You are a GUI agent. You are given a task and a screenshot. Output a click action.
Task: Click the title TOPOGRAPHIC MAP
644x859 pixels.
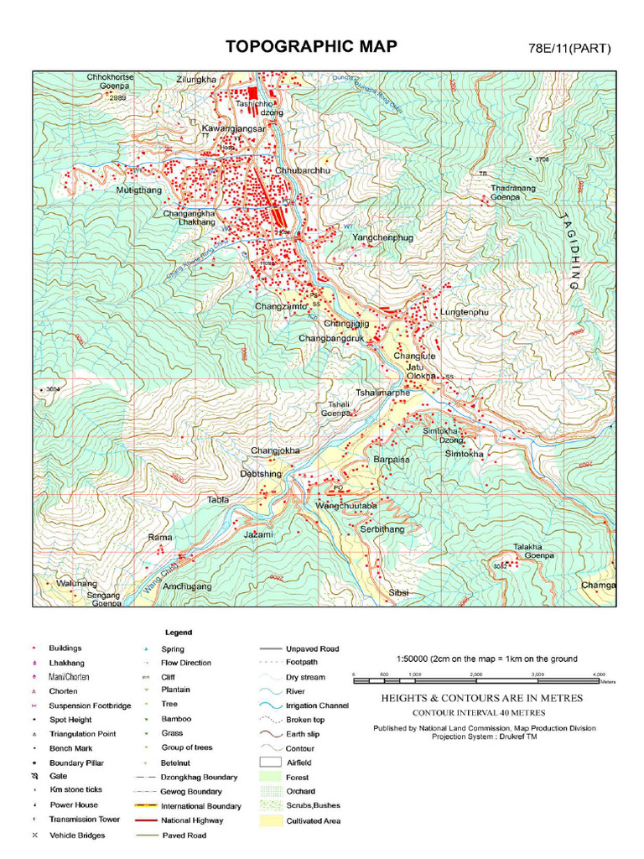tap(311, 46)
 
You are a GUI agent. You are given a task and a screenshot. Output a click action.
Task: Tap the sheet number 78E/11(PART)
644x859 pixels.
tap(570, 48)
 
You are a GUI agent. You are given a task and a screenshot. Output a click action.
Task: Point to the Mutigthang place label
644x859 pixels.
tap(138, 190)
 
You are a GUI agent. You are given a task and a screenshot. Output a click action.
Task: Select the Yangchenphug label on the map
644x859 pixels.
tap(382, 238)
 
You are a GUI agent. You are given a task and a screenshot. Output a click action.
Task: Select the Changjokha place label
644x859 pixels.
tap(275, 451)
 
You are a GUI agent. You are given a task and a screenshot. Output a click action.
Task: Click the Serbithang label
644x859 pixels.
tap(382, 529)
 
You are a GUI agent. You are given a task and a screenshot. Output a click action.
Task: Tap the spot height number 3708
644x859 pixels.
tap(542, 159)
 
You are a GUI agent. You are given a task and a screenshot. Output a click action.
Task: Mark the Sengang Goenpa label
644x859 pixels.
tap(104, 599)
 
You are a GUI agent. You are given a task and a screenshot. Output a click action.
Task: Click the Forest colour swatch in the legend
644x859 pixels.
tap(270, 777)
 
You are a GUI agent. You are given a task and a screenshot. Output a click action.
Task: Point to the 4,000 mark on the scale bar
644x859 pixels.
tap(599, 674)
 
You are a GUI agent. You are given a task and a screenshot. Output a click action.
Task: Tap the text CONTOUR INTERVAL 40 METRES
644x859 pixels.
tap(478, 712)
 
